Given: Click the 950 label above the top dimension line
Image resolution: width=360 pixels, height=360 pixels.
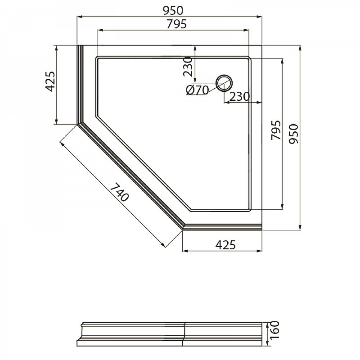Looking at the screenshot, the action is [x=173, y=10].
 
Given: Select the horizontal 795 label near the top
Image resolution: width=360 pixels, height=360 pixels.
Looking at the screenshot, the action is [x=176, y=24].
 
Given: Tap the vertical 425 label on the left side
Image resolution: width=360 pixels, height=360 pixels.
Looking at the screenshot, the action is [x=50, y=81].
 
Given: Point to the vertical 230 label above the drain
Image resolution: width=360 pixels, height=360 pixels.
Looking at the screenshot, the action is [x=188, y=67].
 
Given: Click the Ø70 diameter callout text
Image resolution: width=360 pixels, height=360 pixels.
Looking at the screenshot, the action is [x=197, y=90].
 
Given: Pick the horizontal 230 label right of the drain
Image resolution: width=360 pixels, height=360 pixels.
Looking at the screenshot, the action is [x=239, y=97].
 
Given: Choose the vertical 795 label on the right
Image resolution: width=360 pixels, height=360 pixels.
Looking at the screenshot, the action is [x=276, y=130].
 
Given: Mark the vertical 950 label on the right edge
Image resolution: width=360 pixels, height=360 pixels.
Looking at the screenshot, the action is [x=294, y=134].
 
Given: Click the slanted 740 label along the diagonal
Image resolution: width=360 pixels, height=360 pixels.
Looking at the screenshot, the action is [x=119, y=193].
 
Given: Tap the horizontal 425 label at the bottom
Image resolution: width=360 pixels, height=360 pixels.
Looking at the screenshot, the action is [x=225, y=245].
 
